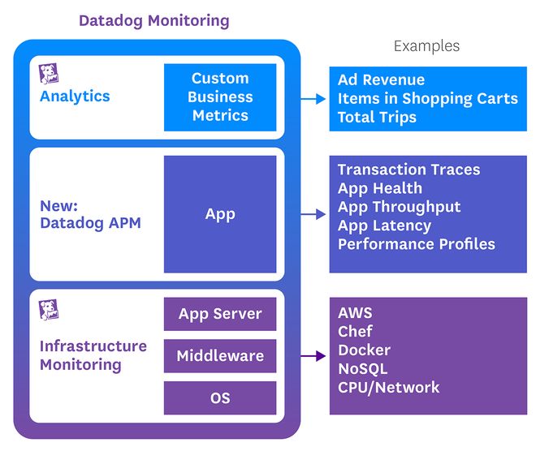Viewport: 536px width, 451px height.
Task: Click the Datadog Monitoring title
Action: pos(153,20)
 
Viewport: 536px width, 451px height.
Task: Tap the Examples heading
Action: pos(426,46)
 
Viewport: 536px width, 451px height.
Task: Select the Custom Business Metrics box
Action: pos(220,97)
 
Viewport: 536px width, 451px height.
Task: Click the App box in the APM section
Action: pos(220,214)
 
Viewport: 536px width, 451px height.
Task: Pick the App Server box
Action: pos(220,314)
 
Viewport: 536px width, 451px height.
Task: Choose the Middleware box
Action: pos(220,356)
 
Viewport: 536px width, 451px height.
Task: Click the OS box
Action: pos(220,398)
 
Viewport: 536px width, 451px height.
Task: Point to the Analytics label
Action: pos(75,97)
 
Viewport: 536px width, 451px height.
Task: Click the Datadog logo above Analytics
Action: pos(48,74)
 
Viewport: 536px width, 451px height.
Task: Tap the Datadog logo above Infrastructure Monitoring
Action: pos(48,309)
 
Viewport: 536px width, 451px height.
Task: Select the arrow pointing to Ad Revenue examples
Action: pos(313,99)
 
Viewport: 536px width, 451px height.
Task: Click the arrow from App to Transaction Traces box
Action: pos(313,215)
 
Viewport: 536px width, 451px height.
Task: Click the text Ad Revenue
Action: pos(381,80)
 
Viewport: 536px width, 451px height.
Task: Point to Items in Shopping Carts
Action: pos(427,99)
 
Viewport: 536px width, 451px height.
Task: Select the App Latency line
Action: pos(384,225)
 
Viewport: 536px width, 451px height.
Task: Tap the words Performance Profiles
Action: pos(416,244)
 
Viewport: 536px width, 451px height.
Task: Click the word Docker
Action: pos(364,350)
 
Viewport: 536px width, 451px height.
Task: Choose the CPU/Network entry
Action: pos(388,388)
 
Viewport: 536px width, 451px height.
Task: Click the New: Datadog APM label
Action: pos(90,214)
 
